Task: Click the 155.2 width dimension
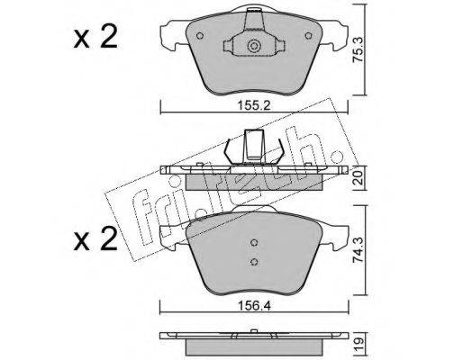click(254, 105)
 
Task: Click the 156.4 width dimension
click(254, 306)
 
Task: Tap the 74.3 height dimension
click(359, 250)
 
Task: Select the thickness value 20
click(359, 179)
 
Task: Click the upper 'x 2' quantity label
click(95, 38)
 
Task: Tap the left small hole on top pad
click(200, 36)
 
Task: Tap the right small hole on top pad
click(308, 36)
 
